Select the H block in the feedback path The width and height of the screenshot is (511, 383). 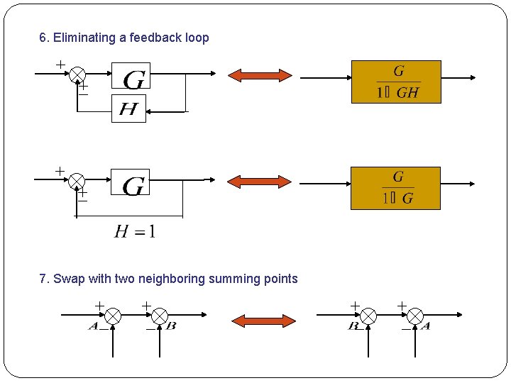(x=128, y=109)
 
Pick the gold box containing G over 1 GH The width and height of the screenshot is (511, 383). (x=396, y=82)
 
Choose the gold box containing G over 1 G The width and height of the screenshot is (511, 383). (x=396, y=188)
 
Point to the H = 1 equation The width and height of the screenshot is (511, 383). (x=135, y=231)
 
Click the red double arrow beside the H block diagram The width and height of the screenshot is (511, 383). (x=259, y=75)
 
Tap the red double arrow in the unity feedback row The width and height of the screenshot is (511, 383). (x=259, y=182)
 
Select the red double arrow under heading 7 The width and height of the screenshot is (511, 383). (x=264, y=321)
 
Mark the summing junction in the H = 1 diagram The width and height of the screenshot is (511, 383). (x=77, y=181)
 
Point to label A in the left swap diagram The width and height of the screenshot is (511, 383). (x=93, y=327)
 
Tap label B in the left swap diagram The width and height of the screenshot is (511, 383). (x=171, y=327)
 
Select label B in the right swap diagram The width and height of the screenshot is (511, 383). (x=353, y=327)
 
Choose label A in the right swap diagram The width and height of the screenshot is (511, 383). (x=425, y=327)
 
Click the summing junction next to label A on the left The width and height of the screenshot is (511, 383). (x=114, y=316)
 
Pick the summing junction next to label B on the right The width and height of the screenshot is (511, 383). (x=369, y=316)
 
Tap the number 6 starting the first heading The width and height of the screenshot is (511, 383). (x=43, y=38)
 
